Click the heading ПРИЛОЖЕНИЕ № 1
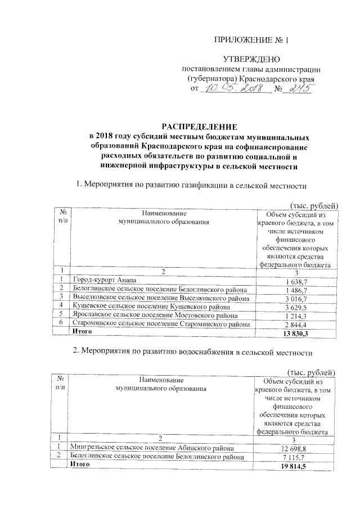coord(252,40)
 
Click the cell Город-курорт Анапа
coord(103,280)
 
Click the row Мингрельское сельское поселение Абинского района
coord(148,447)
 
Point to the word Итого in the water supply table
coord(79,465)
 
